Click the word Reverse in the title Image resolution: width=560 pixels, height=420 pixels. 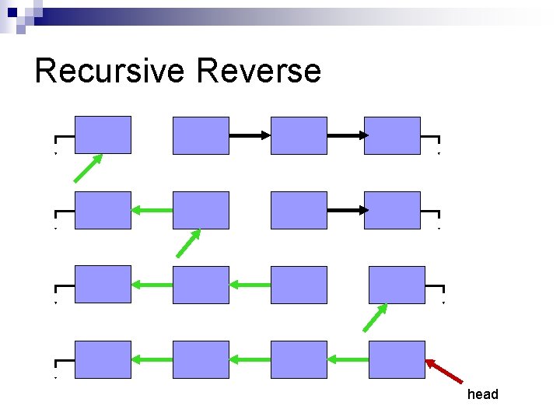(259, 71)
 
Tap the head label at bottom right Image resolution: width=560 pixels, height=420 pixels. (482, 394)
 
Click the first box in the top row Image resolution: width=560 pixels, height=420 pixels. (103, 135)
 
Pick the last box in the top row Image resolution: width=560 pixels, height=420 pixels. (392, 135)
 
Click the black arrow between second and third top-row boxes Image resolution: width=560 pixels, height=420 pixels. (250, 135)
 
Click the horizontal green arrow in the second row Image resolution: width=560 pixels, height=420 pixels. (152, 210)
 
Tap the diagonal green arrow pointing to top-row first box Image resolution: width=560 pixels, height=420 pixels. (88, 168)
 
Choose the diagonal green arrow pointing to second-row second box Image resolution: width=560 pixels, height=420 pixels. (188, 243)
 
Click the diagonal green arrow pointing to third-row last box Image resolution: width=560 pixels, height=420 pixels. (376, 317)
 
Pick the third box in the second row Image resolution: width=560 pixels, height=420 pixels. (299, 210)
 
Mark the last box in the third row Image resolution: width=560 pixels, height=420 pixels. (397, 285)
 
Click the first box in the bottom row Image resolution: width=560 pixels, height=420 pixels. (103, 359)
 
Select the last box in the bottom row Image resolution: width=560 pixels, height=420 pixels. (397, 359)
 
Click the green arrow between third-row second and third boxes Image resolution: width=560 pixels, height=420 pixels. (250, 285)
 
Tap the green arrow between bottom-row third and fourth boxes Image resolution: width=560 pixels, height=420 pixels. (348, 359)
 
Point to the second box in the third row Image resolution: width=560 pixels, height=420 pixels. (201, 285)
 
